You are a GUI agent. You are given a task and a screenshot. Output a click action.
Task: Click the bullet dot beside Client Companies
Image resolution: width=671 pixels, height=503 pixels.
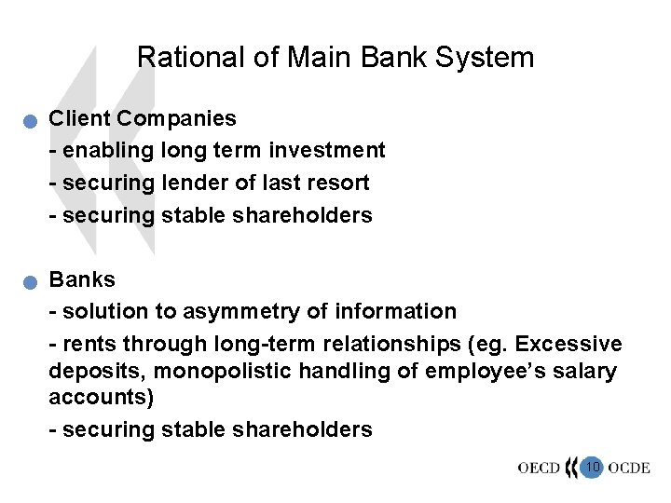[32, 120]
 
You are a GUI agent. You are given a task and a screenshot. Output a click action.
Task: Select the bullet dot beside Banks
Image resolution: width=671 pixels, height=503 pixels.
[32, 281]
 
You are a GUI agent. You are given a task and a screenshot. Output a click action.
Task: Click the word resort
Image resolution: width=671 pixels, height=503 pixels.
[339, 183]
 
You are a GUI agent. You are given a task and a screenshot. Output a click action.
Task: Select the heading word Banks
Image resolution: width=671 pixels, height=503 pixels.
[82, 279]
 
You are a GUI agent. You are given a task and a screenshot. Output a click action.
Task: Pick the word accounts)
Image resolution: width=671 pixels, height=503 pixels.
[97, 398]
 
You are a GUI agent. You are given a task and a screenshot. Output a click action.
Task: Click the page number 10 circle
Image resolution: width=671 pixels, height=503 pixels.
[591, 467]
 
